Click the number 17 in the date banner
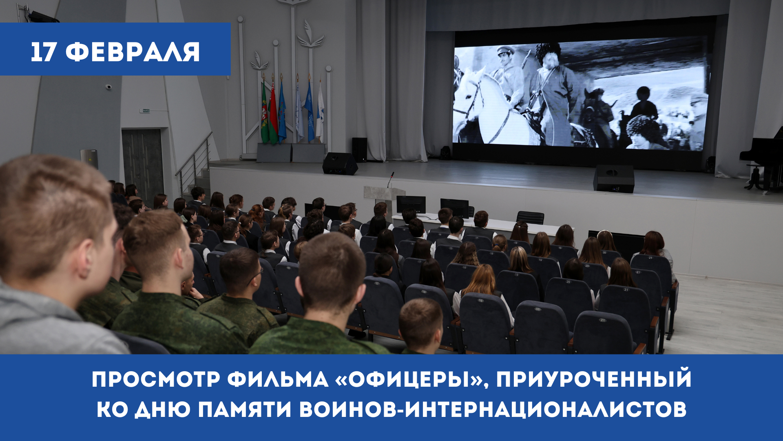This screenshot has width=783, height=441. (43, 52)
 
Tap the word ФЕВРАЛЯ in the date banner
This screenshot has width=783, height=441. (133, 52)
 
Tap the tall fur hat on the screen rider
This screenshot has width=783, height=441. (549, 53)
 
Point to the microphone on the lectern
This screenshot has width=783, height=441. (391, 179)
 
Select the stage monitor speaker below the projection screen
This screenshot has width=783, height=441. (614, 178)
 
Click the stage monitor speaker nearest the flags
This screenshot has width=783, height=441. (340, 163)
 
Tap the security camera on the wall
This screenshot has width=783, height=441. (108, 87)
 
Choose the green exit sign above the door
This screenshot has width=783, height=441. (145, 110)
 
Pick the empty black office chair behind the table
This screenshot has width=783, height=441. (530, 218)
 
